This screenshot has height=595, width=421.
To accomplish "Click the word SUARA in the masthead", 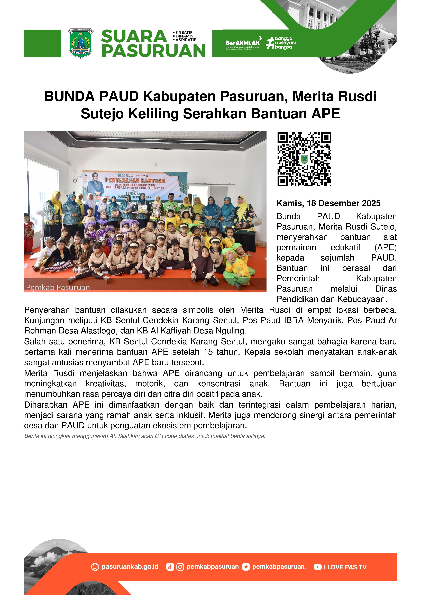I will click(134, 36).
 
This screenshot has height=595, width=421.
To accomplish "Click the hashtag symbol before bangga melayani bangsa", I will click(270, 43).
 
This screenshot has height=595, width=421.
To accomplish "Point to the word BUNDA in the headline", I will click(70, 96).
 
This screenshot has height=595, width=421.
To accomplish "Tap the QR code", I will click(304, 159).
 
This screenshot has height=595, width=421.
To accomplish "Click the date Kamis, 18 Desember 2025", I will click(328, 203).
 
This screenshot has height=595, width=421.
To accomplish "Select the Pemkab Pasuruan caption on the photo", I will click(58, 287).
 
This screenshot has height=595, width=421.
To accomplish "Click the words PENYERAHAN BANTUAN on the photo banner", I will click(135, 180).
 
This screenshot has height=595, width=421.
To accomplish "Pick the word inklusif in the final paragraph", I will click(189, 415).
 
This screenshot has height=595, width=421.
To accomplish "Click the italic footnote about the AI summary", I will click(144, 436).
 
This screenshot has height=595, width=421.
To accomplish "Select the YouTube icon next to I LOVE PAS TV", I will click(317, 567).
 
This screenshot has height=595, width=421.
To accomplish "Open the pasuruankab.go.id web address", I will click(130, 567).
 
